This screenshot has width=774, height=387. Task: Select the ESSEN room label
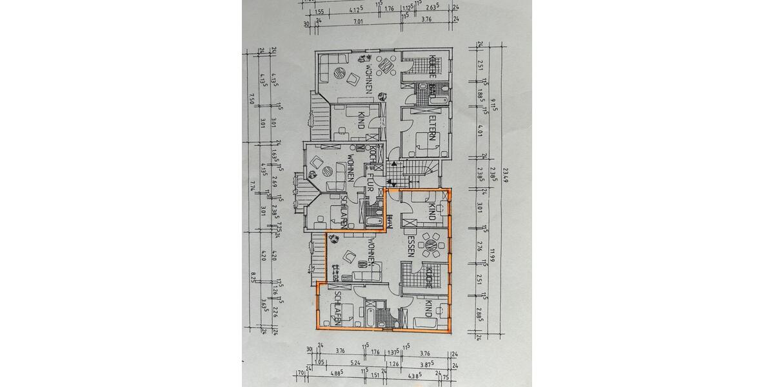410,246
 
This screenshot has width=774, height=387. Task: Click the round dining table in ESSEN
430,245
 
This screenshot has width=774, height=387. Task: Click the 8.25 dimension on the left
253,277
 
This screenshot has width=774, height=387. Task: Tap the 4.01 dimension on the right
481,132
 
